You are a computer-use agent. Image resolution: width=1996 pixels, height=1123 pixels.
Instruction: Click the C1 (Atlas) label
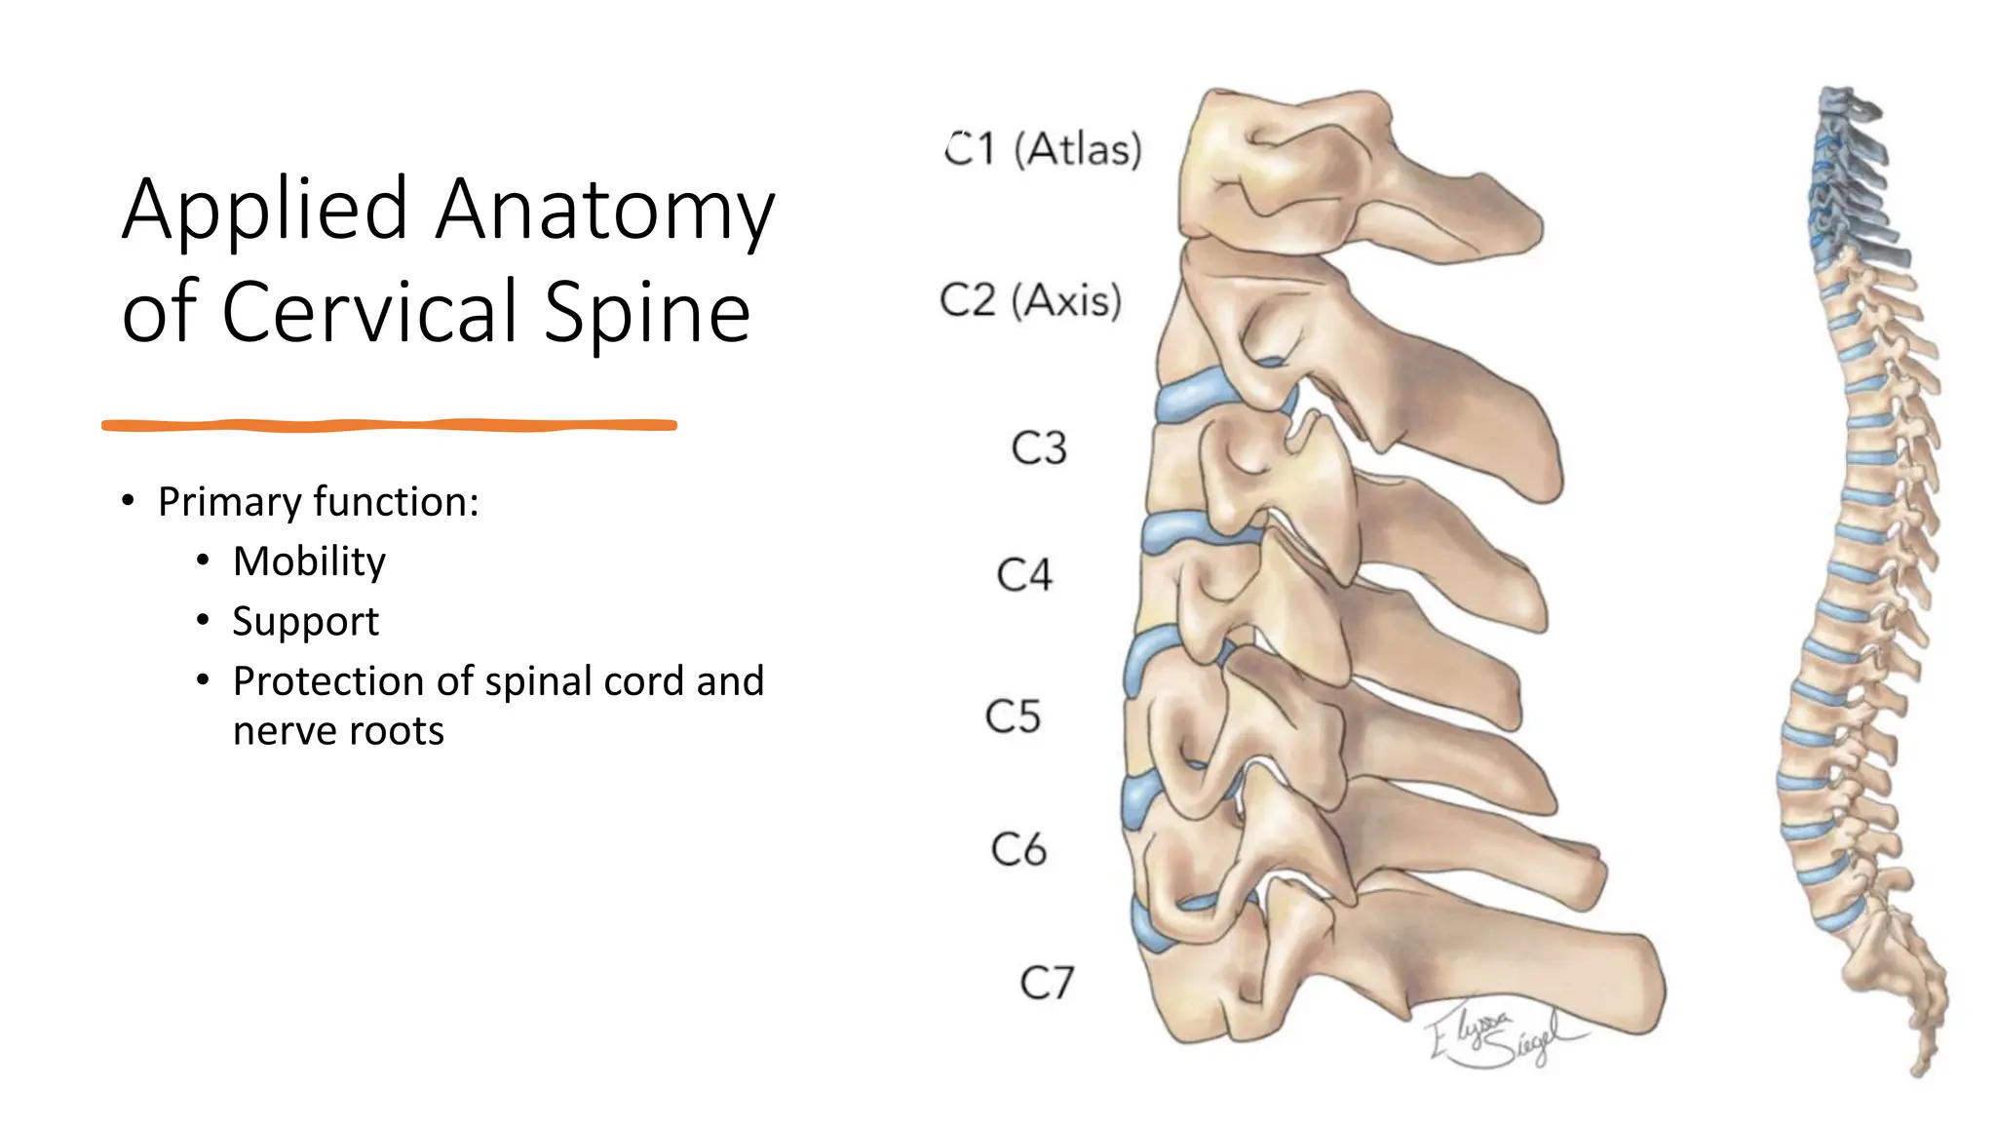pos(1043,150)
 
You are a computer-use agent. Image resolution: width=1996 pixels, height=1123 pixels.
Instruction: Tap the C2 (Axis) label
pos(1030,300)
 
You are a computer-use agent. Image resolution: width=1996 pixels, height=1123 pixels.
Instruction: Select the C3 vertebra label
pos(1039,448)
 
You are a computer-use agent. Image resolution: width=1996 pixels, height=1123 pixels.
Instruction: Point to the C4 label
pos(1024,575)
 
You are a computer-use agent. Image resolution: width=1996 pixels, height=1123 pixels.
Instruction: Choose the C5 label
pos(1013,716)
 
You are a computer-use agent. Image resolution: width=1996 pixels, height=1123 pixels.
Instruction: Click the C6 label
pos(1018,849)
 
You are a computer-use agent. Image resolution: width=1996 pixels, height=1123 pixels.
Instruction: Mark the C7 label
pos(1047,983)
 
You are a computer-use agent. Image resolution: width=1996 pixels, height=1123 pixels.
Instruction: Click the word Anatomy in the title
pos(604,210)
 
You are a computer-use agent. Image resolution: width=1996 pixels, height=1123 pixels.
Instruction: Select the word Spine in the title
pos(647,312)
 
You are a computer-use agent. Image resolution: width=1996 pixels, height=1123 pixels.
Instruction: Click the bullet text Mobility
pos(309,561)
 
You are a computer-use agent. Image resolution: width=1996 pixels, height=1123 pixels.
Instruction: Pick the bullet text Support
pos(305,622)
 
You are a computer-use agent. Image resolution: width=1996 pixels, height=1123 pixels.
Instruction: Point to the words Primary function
pos(318,502)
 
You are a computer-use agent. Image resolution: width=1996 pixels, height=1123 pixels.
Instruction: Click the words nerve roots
pos(338,731)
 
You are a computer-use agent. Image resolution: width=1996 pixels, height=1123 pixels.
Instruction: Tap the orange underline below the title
pos(390,425)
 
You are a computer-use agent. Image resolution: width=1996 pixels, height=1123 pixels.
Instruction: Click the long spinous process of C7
pos(1520,975)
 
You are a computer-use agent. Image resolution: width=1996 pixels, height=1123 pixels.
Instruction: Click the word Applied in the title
pos(265,210)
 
